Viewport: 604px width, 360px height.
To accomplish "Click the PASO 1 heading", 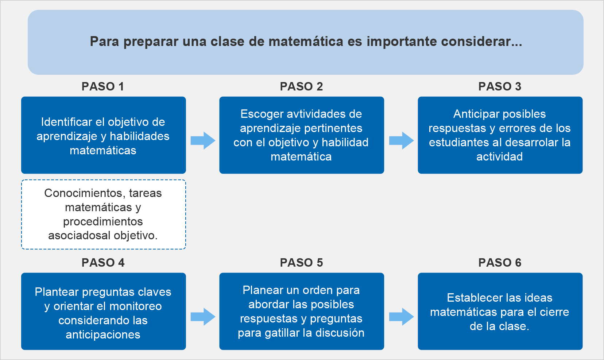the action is coord(103,86).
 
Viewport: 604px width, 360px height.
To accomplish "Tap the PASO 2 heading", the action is coord(301,86).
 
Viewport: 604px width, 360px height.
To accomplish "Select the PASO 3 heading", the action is coord(500,86).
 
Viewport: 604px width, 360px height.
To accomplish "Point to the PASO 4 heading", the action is coord(103,263).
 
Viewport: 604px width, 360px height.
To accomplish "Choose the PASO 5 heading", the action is coord(301,263).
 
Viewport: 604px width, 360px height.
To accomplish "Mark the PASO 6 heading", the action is coord(500,263).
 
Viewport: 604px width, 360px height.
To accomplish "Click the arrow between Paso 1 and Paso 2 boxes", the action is coord(203,140).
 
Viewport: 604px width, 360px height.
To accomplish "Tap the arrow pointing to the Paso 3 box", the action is coord(401,140).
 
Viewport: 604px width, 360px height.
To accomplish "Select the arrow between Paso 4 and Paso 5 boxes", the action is coord(203,317).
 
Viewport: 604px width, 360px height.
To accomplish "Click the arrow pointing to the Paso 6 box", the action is coord(401,317).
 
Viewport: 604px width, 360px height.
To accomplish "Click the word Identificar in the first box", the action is coord(67,122).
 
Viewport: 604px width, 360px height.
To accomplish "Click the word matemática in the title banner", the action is coord(306,42).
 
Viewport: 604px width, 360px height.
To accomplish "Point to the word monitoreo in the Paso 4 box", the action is coord(136,306).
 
